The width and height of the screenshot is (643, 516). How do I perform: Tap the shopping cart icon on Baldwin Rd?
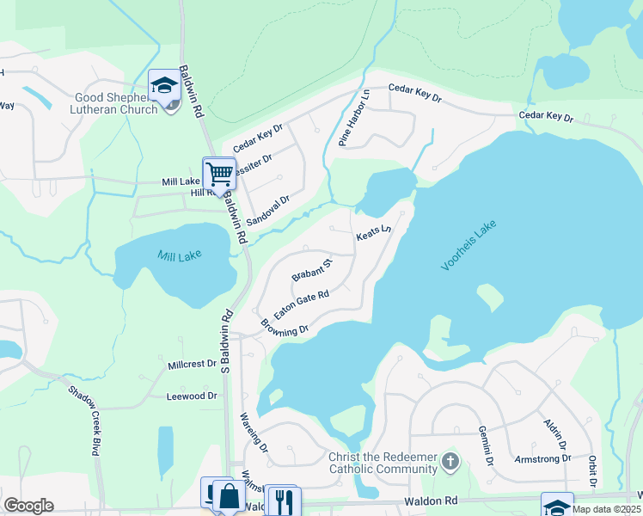pos(219,173)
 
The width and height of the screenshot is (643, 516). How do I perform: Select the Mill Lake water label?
pos(178,255)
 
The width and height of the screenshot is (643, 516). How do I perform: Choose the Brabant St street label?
pos(311,269)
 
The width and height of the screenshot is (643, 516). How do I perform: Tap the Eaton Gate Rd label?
pos(302,304)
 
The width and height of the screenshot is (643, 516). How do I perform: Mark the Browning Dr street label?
pos(285,328)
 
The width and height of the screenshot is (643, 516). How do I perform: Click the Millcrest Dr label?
pos(193,364)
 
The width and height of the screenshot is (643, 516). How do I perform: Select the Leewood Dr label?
pos(193,396)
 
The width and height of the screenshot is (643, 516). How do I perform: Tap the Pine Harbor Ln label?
pos(354,119)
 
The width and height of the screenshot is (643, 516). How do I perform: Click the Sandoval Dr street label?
pos(268,210)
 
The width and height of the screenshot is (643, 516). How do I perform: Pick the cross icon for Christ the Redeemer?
pos(449,464)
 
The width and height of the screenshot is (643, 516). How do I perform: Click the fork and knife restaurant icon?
pos(281,500)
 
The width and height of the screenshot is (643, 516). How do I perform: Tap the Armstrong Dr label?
pos(542,458)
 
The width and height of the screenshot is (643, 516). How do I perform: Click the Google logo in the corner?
pos(28,506)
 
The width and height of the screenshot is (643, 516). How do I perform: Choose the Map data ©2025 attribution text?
pos(606,509)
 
